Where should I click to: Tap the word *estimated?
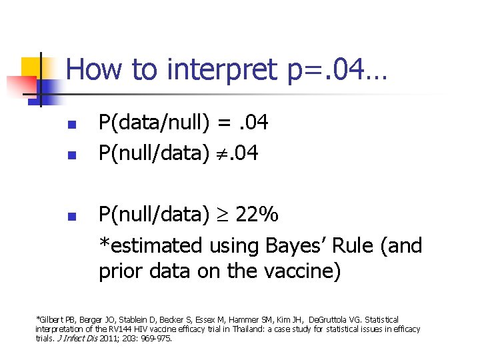(150, 245)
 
